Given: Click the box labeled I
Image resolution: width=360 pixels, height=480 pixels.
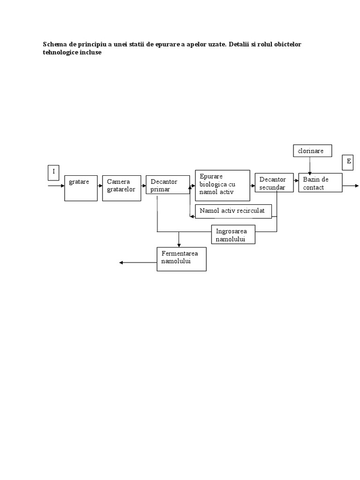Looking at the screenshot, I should (x=53, y=172).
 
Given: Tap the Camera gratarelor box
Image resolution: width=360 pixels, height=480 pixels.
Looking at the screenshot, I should (x=121, y=187).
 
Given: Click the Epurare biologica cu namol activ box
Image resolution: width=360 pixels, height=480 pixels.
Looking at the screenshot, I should (x=222, y=186).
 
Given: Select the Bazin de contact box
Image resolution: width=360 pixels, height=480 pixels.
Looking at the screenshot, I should (x=321, y=183).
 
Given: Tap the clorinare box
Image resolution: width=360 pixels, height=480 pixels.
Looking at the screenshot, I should (x=313, y=151).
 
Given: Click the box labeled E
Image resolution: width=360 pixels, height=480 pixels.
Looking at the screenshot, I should (x=348, y=162).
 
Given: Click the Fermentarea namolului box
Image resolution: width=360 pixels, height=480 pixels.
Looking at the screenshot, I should (x=181, y=259).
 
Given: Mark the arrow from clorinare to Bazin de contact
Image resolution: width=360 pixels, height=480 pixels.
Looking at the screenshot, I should (x=309, y=166).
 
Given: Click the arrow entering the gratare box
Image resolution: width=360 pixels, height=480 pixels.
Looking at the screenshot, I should (x=57, y=186).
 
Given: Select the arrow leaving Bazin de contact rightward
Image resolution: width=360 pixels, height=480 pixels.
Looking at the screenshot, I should (x=350, y=186).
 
